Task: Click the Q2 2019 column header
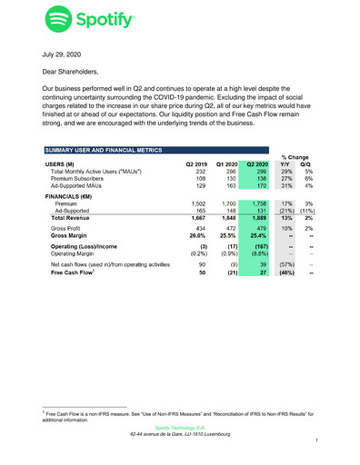coord(196,164)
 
